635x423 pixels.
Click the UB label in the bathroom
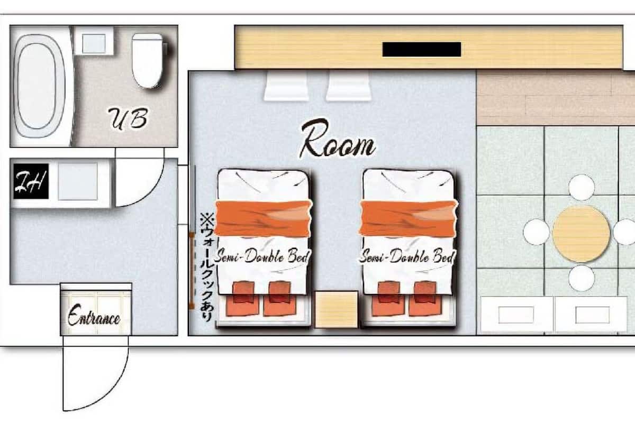click(x=128, y=119)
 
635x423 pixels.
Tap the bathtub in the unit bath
click(x=40, y=86)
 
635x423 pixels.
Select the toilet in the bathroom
click(x=149, y=61)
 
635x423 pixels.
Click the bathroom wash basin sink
click(x=94, y=43)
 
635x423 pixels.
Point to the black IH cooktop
click(x=31, y=181)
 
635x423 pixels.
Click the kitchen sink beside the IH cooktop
click(x=78, y=181)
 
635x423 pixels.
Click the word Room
click(x=338, y=139)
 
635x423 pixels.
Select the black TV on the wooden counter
click(x=422, y=49)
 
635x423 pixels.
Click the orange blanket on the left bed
click(x=264, y=218)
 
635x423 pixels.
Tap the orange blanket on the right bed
click(x=409, y=218)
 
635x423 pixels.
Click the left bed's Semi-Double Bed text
click(x=261, y=256)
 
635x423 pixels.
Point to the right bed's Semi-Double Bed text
click(x=407, y=256)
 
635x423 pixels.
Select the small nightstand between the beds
click(x=336, y=309)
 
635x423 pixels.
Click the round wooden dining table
click(x=581, y=234)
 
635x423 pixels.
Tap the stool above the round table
click(x=582, y=188)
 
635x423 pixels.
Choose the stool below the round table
click(x=582, y=278)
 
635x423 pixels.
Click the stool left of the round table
click(x=537, y=232)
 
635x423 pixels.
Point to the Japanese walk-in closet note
click(x=207, y=268)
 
